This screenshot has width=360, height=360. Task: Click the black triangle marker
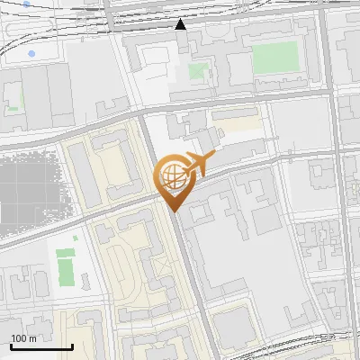coord(181,24)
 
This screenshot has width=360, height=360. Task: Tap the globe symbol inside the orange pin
coord(171,176)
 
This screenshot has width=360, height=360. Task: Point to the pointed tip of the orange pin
coord(173,211)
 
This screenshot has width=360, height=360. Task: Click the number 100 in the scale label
coord(19,338)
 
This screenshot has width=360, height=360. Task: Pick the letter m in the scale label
coord(32,338)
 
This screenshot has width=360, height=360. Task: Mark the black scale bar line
coord(41,346)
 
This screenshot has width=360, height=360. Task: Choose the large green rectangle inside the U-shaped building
coord(273,58)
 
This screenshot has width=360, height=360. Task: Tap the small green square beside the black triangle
coord(197,70)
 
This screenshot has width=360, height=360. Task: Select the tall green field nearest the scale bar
coord(65,269)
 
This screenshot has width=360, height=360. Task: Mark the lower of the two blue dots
coord(32,55)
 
